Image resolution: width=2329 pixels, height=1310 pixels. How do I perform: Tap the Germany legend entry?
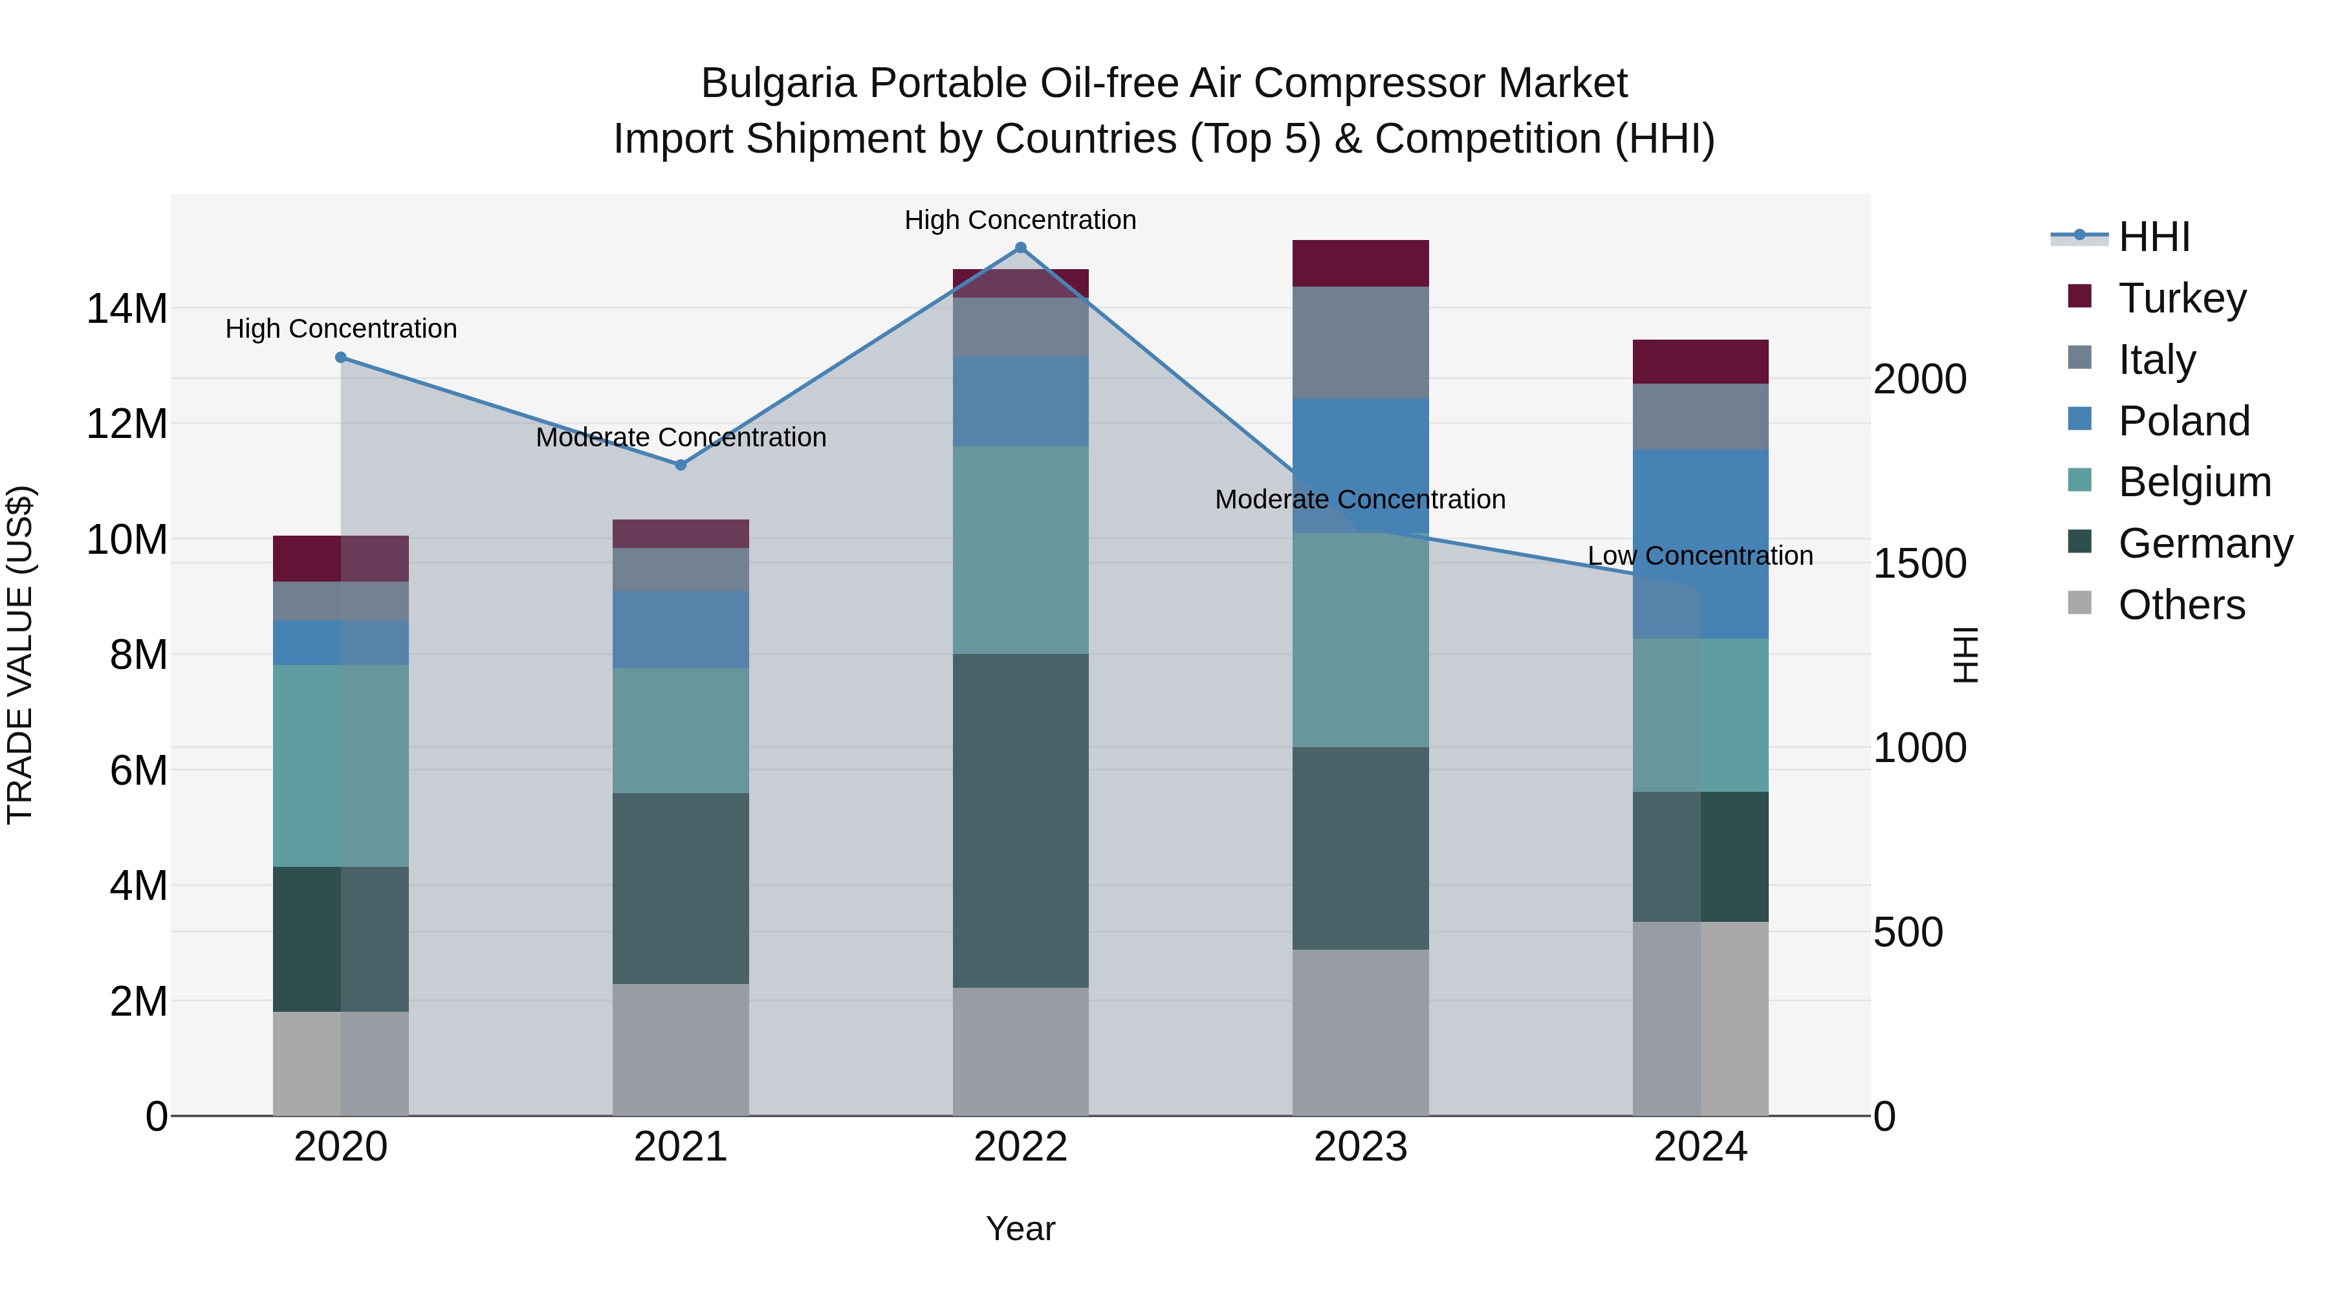[2204, 543]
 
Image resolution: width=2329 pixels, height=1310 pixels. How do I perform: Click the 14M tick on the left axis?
[127, 309]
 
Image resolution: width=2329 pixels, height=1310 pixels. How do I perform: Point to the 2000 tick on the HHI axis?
[1919, 379]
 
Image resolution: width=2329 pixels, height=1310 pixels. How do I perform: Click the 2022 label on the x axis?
[1021, 1147]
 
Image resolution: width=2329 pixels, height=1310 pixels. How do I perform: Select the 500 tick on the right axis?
[1908, 932]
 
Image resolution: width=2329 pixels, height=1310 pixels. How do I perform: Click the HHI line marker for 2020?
[341, 358]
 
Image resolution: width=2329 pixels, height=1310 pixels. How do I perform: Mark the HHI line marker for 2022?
[1021, 248]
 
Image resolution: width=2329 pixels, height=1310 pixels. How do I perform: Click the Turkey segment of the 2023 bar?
[1361, 263]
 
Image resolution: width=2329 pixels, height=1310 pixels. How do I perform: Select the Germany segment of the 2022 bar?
[1021, 820]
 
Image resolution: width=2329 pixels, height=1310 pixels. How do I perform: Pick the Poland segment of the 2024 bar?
[1701, 543]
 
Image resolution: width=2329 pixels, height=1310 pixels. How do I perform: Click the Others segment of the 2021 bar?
[681, 1050]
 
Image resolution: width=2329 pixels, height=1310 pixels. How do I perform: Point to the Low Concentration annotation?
[1701, 556]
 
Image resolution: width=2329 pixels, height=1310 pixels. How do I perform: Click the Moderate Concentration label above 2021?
[681, 437]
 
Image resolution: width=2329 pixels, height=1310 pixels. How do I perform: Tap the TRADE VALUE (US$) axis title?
[20, 655]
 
